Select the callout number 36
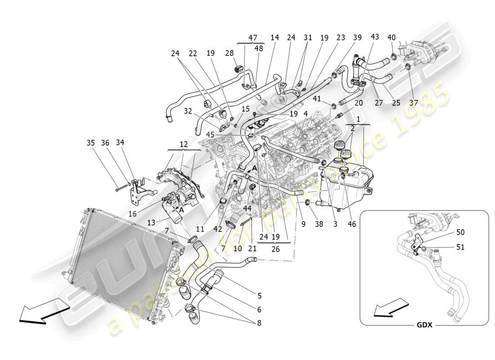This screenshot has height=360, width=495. click(105, 143)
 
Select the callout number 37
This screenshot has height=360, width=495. click(414, 103)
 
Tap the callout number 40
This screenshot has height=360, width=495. click(391, 38)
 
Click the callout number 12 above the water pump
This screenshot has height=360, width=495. click(184, 144)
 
